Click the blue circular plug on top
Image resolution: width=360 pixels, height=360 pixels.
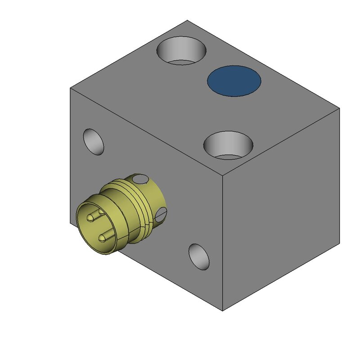click(x=234, y=81)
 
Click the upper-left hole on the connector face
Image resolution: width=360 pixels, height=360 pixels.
click(x=94, y=141)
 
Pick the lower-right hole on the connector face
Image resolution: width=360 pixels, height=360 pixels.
click(x=199, y=256)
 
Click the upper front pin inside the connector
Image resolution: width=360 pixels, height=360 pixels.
click(x=92, y=217)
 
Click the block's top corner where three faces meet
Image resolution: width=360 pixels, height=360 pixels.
click(x=223, y=173)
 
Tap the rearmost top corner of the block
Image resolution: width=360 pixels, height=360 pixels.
click(x=187, y=20)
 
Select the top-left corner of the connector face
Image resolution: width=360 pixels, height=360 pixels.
click(x=70, y=89)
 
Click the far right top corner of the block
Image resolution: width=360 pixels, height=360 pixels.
click(x=339, y=108)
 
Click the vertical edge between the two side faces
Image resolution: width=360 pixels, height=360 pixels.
click(x=223, y=243)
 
